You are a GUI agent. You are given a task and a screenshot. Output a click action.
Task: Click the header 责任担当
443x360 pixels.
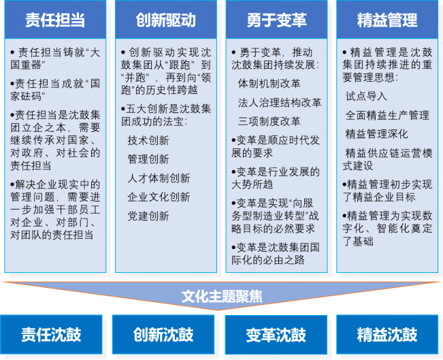pos(55,20)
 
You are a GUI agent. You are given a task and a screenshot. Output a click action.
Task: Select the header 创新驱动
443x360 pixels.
pos(166,20)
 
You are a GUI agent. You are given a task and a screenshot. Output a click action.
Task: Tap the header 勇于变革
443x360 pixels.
pos(276,20)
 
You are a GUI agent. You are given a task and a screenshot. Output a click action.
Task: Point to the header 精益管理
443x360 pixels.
pos(387,20)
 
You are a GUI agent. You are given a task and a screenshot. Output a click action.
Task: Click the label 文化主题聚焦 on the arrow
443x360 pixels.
pos(222,297)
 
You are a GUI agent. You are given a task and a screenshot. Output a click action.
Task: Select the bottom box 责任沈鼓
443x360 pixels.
pos(51,335)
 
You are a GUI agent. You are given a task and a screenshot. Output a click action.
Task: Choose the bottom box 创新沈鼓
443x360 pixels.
pos(163,335)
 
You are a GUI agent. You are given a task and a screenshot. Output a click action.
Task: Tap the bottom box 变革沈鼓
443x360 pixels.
pos(276,335)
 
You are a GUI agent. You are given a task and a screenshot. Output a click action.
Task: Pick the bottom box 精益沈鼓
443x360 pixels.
pos(387,335)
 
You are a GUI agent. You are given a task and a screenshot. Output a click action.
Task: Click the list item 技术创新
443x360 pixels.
pos(148,140)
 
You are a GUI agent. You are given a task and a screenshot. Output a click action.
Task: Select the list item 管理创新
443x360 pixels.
pos(148,159)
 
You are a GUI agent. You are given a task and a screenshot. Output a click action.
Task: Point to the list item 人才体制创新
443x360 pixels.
pos(159,178)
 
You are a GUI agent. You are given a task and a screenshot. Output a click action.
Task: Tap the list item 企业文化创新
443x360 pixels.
pos(159,197)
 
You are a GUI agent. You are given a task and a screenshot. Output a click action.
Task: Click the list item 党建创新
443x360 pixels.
pos(148,216)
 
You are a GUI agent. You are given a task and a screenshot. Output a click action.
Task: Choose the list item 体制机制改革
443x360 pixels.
pos(269,84)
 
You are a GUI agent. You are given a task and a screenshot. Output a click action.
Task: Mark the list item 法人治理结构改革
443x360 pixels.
pos(280,103)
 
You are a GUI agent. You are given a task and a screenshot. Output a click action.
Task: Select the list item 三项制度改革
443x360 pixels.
pos(269,122)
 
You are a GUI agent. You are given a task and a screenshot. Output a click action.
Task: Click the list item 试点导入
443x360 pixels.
pos(366,97)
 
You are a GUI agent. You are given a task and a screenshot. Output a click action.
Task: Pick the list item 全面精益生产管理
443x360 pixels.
pos(387,115)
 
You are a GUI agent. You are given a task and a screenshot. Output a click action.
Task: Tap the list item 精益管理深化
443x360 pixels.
pos(377,134)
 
